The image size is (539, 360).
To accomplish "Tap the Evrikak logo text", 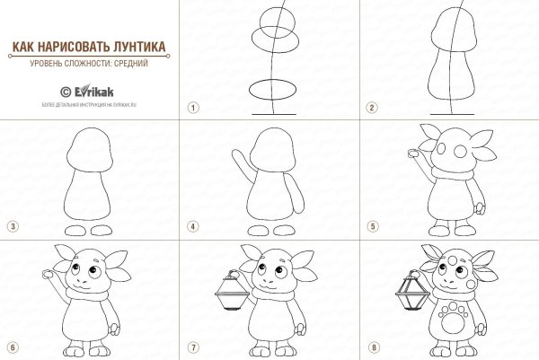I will (96, 91).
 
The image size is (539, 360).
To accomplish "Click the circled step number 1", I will (191, 107).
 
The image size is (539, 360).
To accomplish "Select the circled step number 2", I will (371, 107).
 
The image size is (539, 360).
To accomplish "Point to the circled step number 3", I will (12, 225).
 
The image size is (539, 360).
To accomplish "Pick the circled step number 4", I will (191, 225).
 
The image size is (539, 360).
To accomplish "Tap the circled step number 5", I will (371, 225).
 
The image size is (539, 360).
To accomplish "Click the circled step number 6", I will (12, 347).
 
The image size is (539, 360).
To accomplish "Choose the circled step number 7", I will (191, 347).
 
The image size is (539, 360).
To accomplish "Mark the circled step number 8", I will (371, 347).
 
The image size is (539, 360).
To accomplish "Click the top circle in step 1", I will (271, 20).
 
